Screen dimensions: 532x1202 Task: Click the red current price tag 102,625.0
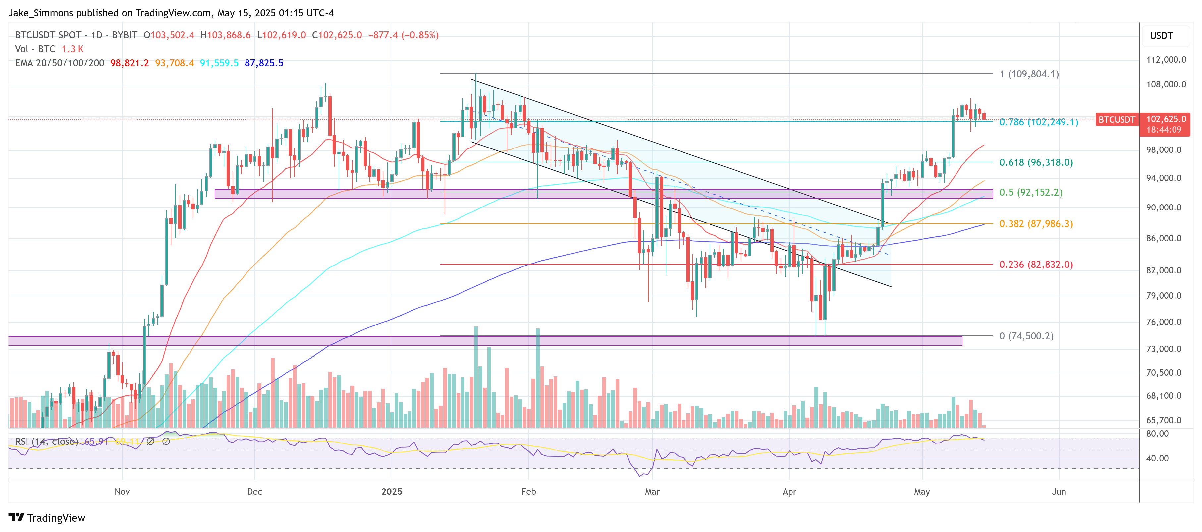1166,119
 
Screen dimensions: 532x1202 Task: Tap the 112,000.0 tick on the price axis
1166,60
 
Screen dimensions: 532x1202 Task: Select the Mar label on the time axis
652,492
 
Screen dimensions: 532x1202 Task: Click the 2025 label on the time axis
392,492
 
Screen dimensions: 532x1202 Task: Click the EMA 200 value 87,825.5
264,63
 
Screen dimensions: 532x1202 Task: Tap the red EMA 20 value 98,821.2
129,63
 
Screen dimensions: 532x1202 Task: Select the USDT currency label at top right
1161,36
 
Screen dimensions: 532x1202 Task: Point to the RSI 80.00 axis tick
1157,434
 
